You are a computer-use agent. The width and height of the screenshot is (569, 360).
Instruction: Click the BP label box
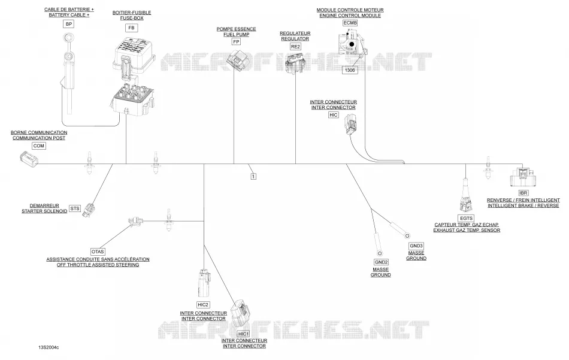pyautogui.click(x=69, y=24)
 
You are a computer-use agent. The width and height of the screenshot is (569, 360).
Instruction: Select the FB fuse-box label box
pyautogui.click(x=131, y=28)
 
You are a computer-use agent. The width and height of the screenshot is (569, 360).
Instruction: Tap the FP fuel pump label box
pyautogui.click(x=236, y=42)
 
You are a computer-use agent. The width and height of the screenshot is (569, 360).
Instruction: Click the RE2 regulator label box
pyautogui.click(x=295, y=47)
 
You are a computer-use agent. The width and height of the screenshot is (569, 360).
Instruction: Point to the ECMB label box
pyautogui.click(x=350, y=23)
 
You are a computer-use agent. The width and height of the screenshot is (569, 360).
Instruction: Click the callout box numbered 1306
pyautogui.click(x=350, y=70)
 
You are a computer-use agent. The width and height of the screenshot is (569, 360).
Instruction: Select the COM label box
pyautogui.click(x=38, y=146)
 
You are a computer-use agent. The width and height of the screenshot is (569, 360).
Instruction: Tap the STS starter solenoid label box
pyautogui.click(x=75, y=208)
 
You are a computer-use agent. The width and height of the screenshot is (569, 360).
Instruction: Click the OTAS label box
pyautogui.click(x=98, y=252)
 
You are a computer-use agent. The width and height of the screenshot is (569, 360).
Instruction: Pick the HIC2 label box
pyautogui.click(x=203, y=305)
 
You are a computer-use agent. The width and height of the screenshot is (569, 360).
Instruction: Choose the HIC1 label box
pyautogui.click(x=244, y=334)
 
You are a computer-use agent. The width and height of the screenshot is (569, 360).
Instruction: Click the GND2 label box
pyautogui.click(x=381, y=262)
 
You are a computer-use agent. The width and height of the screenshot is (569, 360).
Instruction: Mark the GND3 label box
pyautogui.click(x=416, y=246)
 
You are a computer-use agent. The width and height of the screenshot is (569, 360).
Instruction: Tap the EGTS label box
pyautogui.click(x=467, y=218)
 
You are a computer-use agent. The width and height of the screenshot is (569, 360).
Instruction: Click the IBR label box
pyautogui.click(x=523, y=193)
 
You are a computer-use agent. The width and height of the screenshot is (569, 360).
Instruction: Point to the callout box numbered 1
pyautogui.click(x=253, y=176)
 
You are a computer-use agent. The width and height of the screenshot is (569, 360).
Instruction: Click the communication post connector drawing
pyautogui.click(x=29, y=159)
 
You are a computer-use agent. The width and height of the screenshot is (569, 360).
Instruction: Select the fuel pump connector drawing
pyautogui.click(x=236, y=59)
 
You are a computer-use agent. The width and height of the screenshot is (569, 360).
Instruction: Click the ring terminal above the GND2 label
pyautogui.click(x=380, y=253)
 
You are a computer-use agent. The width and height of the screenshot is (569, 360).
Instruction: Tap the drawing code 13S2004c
pyautogui.click(x=49, y=347)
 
